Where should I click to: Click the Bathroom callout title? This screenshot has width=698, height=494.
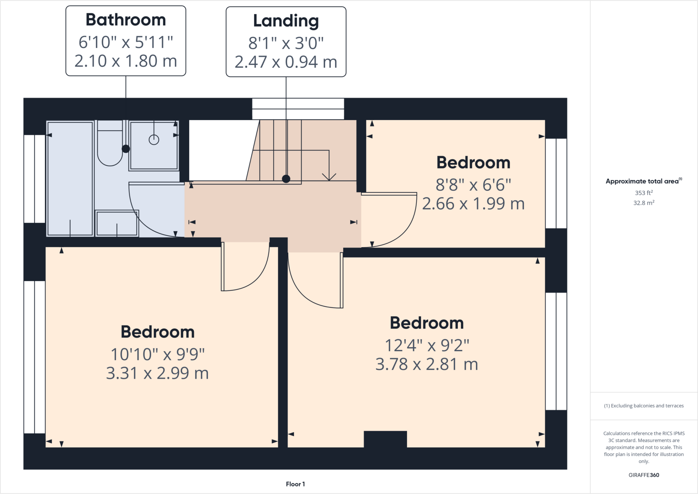125,20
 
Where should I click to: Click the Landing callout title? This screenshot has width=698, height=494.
286,21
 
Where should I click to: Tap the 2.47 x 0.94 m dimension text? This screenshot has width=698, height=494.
286,62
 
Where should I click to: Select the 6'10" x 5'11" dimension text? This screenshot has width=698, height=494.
125,42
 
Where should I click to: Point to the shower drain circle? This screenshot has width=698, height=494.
154,139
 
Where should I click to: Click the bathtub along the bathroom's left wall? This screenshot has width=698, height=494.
70,178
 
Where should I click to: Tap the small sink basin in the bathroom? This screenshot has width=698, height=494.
117,223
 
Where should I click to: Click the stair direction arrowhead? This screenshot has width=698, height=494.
329,177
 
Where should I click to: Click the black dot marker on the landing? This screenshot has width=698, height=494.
286,179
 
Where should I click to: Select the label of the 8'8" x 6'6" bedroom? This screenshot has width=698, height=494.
473,163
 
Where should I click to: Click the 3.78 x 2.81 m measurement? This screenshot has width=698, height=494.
426,364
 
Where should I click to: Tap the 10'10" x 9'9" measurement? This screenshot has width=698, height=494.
157,355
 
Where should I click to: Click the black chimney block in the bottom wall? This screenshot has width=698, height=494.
385,439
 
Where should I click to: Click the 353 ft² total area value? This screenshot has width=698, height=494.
643,193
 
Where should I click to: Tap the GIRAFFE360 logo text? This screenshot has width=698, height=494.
643,475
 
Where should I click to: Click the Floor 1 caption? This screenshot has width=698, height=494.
295,484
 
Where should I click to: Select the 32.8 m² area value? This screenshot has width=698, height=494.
643,203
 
